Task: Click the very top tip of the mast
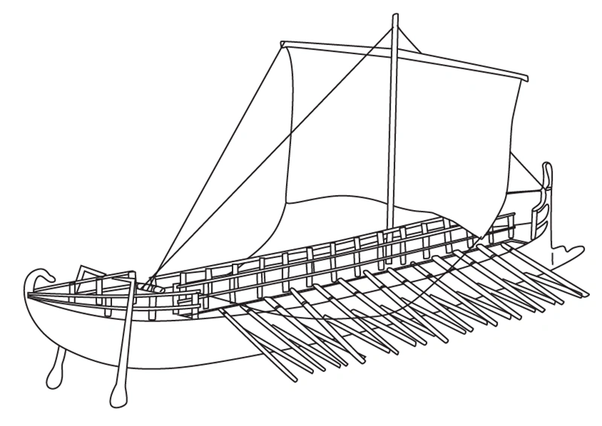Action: coord(394,15)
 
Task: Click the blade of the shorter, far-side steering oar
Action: coord(55,370)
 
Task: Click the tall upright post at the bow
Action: coord(548,196)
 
